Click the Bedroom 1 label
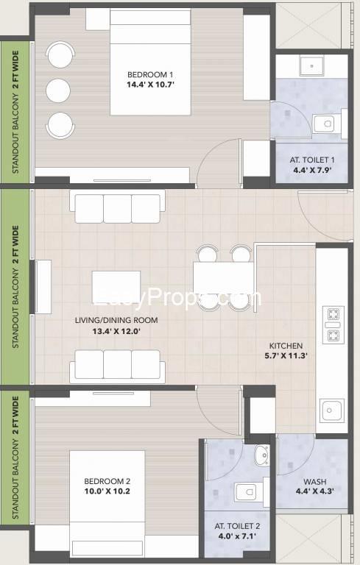(150, 74)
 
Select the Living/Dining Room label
(116, 320)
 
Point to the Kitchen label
(286, 346)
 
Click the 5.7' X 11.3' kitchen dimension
(286, 355)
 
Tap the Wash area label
(314, 481)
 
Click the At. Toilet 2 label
(237, 526)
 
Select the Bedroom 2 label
(107, 481)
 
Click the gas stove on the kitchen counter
(333, 324)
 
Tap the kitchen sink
(331, 411)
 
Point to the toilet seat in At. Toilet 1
(325, 124)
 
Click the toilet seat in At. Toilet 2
(248, 492)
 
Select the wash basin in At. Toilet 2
(261, 455)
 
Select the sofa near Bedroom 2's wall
(117, 366)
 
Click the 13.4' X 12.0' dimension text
(116, 331)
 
